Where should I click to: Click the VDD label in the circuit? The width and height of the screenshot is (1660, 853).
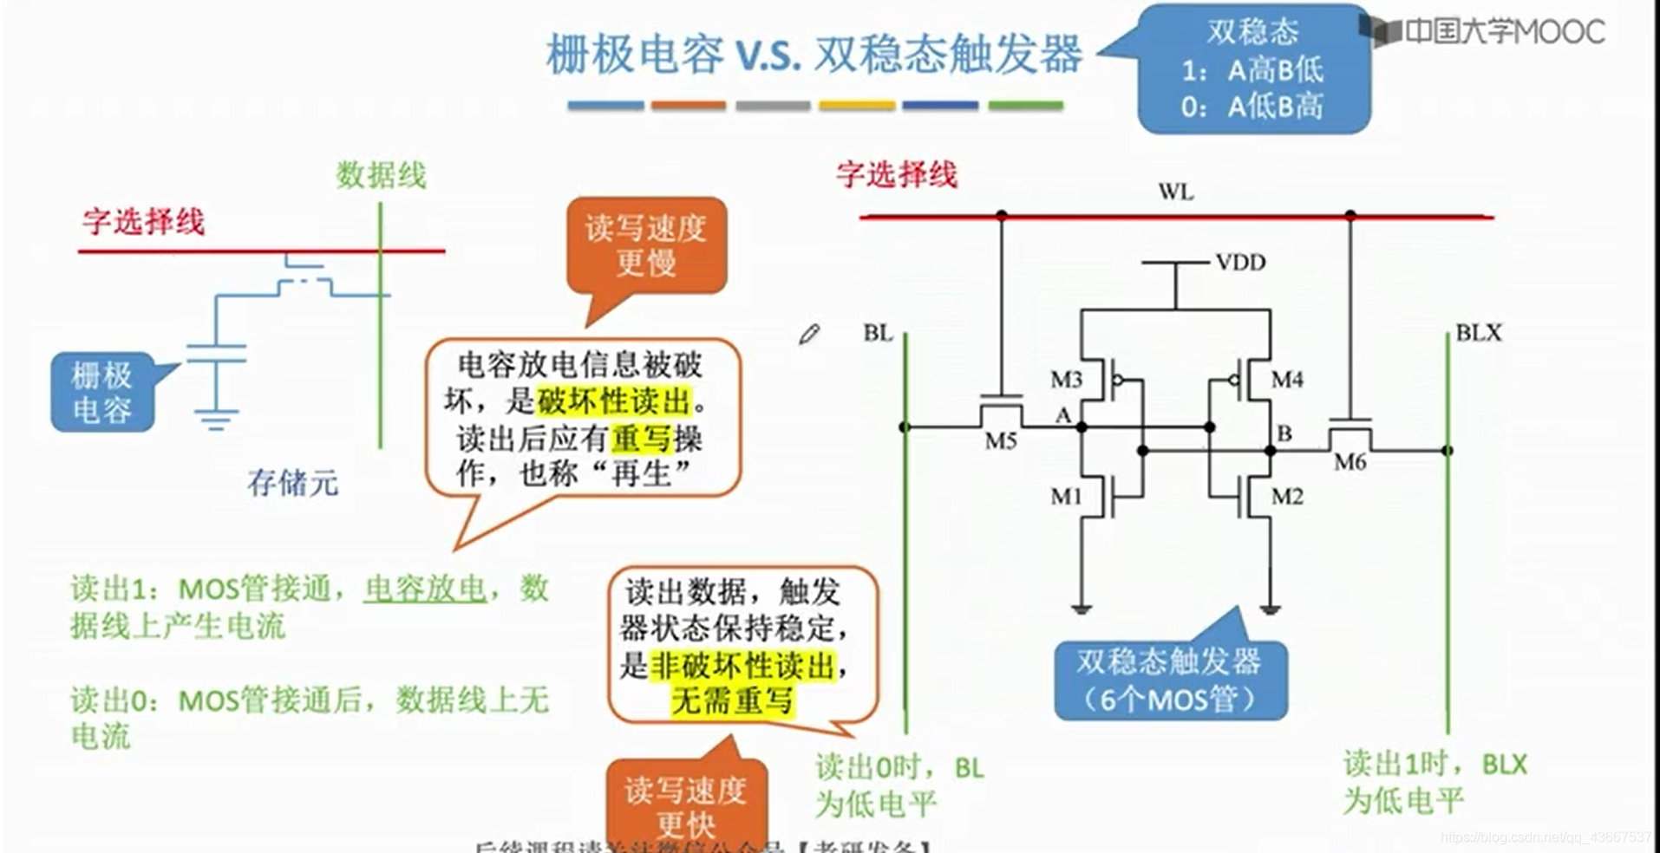coord(1239,262)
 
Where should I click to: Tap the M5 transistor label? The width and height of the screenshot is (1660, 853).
coord(1000,441)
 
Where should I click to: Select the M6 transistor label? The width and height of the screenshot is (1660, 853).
coord(1350,462)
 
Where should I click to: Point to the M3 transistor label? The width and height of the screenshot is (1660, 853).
coord(1066,380)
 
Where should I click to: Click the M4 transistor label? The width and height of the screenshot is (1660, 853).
coord(1287,380)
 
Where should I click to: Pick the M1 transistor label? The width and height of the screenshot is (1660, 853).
coord(1066,497)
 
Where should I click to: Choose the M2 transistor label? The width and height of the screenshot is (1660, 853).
coord(1287,497)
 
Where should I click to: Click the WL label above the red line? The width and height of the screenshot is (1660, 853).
coord(1175,192)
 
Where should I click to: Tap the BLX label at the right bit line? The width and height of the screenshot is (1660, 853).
coord(1478,333)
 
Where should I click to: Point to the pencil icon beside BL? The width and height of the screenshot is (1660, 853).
coord(809,334)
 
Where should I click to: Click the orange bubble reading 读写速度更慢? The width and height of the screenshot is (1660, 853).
coord(646,245)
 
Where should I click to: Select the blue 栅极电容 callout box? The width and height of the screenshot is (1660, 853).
coord(102,392)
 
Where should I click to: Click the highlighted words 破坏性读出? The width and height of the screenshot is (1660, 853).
coord(614,401)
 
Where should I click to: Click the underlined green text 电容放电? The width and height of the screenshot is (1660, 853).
coord(424,589)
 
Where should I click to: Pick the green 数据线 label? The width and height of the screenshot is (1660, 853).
coord(381,175)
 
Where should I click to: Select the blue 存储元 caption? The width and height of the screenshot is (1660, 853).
coord(292,483)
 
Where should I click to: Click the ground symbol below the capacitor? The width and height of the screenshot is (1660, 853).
coord(216,420)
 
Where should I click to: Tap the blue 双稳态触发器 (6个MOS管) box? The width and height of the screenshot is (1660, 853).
coord(1170,680)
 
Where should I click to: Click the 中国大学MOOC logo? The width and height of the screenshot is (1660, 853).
coord(1485,31)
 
